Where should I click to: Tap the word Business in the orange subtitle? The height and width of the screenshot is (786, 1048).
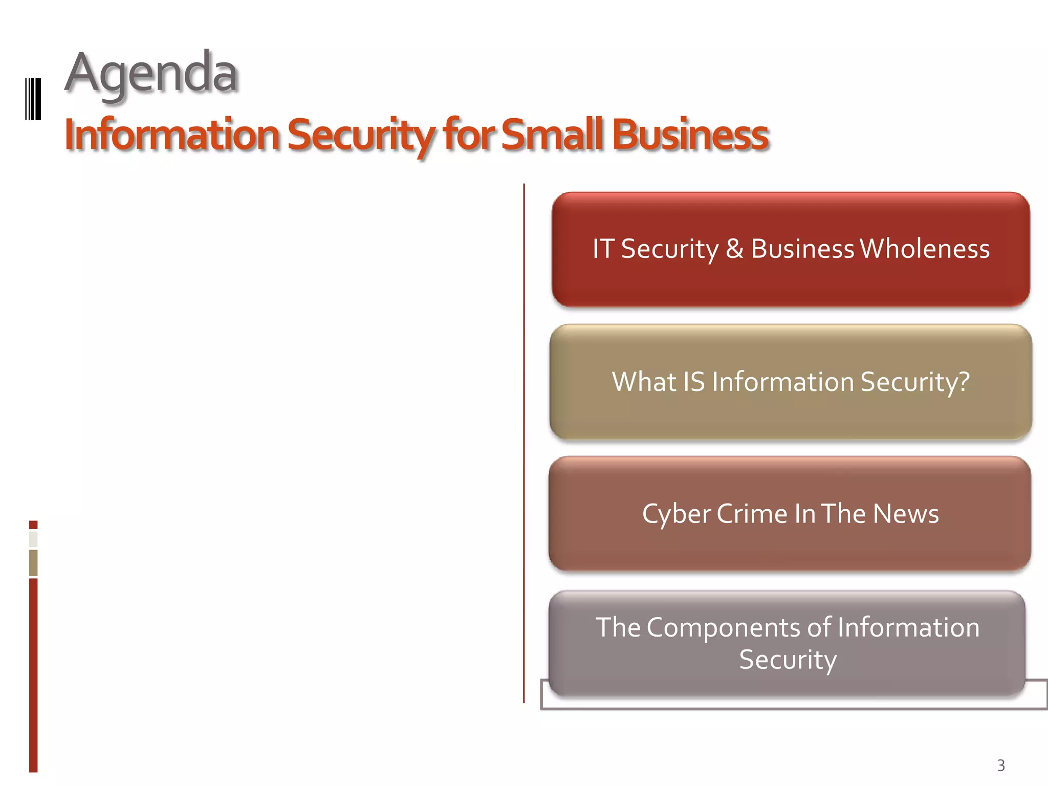click(x=690, y=135)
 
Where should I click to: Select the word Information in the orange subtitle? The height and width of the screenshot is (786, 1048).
click(x=172, y=135)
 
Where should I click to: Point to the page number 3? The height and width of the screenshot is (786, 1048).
click(x=1001, y=766)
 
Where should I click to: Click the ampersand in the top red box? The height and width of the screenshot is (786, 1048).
click(x=734, y=249)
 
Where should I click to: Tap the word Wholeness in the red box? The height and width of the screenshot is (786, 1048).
click(x=925, y=249)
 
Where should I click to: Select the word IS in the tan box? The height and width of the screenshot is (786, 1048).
click(x=694, y=382)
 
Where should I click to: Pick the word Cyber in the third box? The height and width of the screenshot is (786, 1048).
click(x=675, y=514)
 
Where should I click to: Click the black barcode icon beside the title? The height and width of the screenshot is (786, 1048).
click(x=33, y=99)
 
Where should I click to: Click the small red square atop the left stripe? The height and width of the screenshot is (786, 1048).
click(x=33, y=525)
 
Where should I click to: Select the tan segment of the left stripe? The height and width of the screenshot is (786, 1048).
click(x=33, y=563)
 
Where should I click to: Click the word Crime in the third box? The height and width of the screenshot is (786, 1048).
click(x=752, y=514)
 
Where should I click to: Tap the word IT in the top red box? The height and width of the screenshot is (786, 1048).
click(x=603, y=249)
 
